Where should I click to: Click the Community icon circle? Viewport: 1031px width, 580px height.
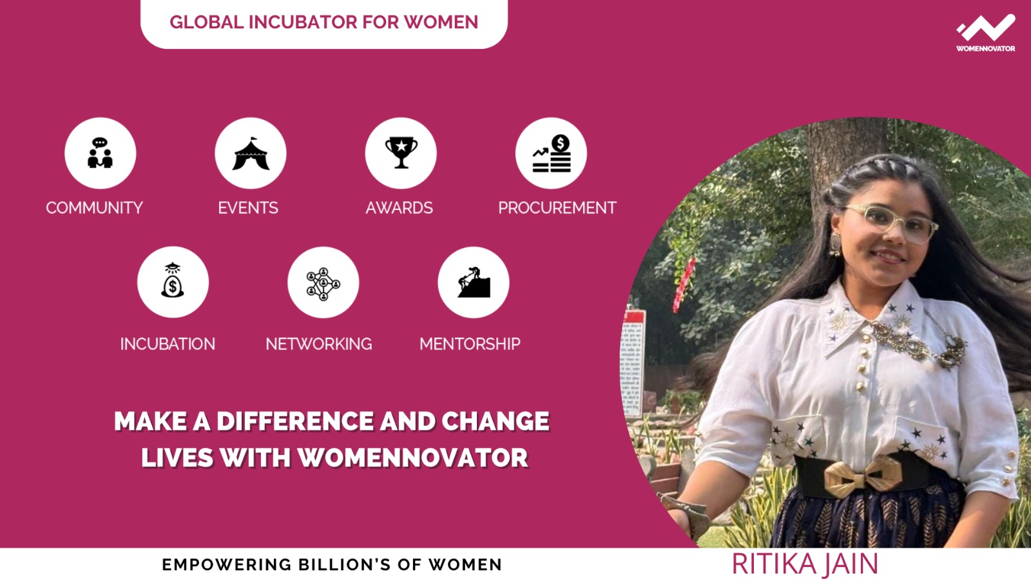coord(101,153)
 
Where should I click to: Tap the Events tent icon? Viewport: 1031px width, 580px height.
coord(251,154)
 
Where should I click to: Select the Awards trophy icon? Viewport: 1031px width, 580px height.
coord(401,152)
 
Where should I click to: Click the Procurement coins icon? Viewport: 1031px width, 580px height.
coord(552,154)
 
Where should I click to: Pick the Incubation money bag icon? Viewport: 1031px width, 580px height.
coord(173,280)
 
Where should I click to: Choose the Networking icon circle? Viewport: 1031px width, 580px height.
coord(323,282)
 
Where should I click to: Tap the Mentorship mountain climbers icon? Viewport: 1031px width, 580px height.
coord(474,282)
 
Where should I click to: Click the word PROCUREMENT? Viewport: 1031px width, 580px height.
coord(557,208)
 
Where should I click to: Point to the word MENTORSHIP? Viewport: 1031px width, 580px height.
coord(470,344)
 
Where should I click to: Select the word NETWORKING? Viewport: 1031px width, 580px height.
coord(319,344)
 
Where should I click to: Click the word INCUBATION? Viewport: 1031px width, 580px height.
coord(168,344)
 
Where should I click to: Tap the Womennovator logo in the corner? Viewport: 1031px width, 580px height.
coord(985,33)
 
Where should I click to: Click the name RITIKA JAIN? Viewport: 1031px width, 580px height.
coord(805,564)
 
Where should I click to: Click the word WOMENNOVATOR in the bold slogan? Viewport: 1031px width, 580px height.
coord(413,458)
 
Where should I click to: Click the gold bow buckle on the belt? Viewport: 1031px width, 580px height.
coord(862,476)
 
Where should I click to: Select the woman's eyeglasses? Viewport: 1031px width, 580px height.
coord(891,222)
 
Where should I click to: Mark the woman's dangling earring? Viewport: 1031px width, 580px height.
coord(835,244)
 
